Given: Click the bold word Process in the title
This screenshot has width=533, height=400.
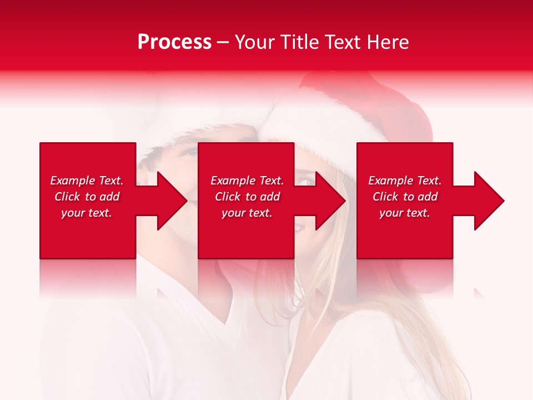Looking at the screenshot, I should pos(174,42).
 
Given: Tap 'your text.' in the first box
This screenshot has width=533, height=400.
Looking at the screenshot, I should pos(87,213).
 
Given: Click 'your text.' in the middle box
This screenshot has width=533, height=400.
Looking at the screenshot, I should pos(247,213).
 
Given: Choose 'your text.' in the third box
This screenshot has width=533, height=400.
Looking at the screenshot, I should pos(405,213).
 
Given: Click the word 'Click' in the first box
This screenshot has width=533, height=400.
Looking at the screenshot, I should pos(67,197).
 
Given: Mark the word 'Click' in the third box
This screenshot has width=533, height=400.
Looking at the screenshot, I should pos(385,197).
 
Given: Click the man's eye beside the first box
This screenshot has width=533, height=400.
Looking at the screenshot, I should pos(190,152).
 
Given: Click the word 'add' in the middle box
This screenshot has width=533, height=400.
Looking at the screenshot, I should pos(270,197).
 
